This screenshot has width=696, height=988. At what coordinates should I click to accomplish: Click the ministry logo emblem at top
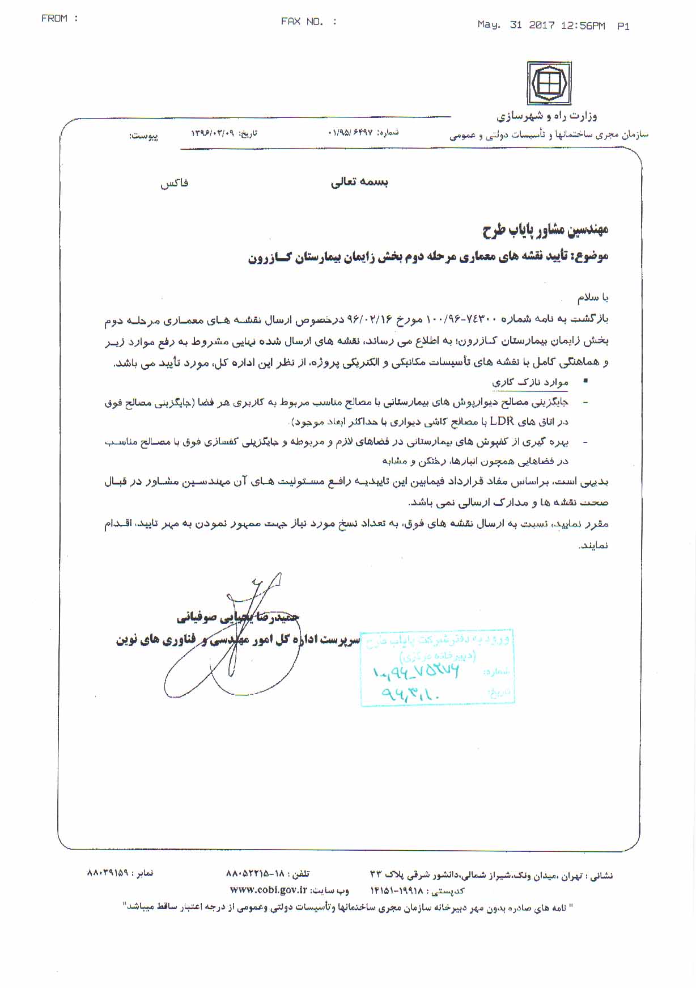(549, 84)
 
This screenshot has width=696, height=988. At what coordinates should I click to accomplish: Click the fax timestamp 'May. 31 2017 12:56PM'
(541, 26)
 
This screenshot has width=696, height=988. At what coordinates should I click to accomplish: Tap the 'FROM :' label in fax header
(60, 19)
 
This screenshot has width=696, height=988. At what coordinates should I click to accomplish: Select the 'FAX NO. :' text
(308, 22)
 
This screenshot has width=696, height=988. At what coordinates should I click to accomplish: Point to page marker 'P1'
(623, 26)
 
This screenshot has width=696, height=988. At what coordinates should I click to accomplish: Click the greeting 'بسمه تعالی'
(359, 182)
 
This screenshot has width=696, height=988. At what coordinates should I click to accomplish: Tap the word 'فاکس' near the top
(174, 184)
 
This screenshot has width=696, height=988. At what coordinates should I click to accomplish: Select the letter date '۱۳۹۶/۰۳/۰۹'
(212, 133)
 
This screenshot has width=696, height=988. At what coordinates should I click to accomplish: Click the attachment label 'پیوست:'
(143, 136)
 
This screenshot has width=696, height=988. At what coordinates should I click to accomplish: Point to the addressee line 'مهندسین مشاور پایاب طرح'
(545, 230)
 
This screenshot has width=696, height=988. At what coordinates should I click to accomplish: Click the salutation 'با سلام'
(593, 297)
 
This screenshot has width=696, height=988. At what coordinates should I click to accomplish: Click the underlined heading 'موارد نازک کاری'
(530, 382)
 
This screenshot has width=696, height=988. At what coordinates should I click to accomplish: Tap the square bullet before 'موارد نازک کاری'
(585, 381)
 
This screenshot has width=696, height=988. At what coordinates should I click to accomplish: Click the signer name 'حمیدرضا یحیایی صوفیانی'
(237, 617)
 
